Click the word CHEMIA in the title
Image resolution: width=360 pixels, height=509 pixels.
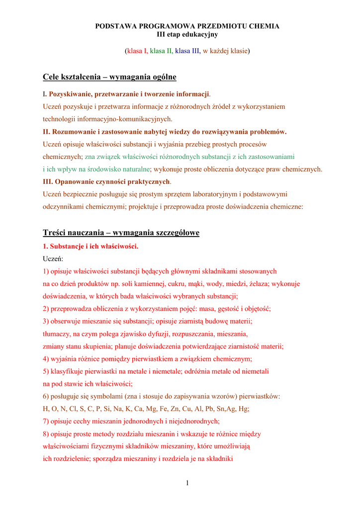click(x=266, y=26)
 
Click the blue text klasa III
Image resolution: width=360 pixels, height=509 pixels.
click(x=187, y=51)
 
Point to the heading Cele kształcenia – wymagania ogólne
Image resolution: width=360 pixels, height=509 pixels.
click(x=109, y=77)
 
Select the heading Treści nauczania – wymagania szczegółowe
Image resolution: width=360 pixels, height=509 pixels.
click(x=121, y=233)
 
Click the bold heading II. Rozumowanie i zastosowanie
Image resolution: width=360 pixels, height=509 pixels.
click(x=165, y=132)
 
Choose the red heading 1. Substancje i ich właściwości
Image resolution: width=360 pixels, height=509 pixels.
click(x=90, y=246)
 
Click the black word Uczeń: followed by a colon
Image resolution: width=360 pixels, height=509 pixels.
click(x=53, y=258)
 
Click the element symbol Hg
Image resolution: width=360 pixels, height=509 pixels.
click(x=244, y=409)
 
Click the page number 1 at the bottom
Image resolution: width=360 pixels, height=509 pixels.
click(x=187, y=483)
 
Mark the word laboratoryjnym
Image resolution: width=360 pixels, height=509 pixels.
click(x=222, y=194)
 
